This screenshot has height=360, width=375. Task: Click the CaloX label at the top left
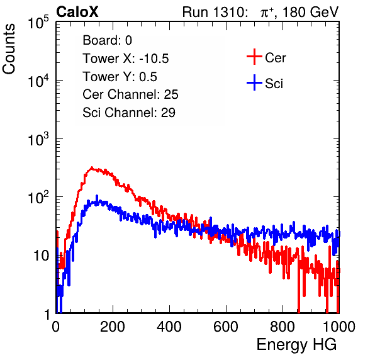(x=77, y=12)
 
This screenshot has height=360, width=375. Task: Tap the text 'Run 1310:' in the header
(x=215, y=12)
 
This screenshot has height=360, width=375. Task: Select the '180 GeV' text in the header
(x=310, y=12)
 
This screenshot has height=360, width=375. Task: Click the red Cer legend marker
(x=254, y=57)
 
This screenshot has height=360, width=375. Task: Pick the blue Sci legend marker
(x=254, y=82)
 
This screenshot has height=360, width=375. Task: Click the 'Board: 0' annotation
(x=107, y=40)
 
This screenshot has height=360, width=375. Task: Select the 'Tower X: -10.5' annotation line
(x=126, y=59)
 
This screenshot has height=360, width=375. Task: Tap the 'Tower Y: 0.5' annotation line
(x=120, y=77)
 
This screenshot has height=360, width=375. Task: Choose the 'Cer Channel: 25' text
(x=130, y=94)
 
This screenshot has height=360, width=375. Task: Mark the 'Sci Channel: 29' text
(x=129, y=113)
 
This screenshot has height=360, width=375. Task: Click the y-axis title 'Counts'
(x=9, y=48)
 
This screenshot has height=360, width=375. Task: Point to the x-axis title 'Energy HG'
(x=296, y=345)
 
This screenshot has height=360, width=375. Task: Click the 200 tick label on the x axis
(x=113, y=327)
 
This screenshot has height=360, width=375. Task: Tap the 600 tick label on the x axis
(x=226, y=327)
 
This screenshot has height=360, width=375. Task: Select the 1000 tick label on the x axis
(x=339, y=327)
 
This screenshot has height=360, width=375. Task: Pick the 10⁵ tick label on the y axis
(x=38, y=22)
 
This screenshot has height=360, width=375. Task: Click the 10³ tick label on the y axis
(x=38, y=139)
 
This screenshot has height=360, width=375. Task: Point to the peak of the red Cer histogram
(x=92, y=167)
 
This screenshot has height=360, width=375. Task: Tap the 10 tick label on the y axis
(x=41, y=256)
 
